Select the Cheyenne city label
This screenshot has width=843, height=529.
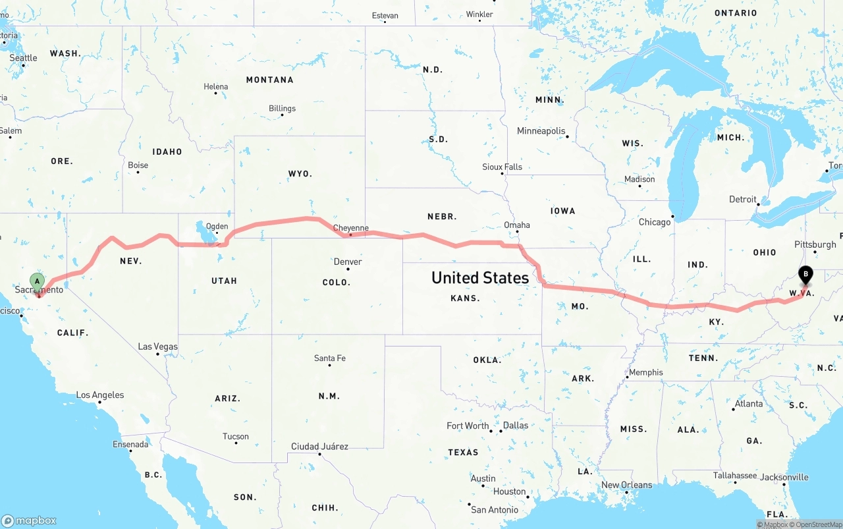(x=350, y=229)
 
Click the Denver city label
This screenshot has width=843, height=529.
(x=348, y=262)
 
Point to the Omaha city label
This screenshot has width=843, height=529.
(x=517, y=225)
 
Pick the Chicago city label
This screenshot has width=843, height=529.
(x=654, y=222)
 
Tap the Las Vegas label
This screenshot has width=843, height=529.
(x=157, y=347)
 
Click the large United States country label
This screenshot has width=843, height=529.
(x=480, y=277)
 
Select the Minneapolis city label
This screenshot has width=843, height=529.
(x=541, y=131)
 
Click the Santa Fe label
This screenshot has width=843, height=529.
(x=329, y=358)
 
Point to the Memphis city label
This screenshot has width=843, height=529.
(x=645, y=372)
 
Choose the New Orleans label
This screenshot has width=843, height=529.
(x=626, y=485)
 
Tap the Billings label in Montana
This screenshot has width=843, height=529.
(x=282, y=109)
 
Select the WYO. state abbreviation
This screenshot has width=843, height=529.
(x=300, y=174)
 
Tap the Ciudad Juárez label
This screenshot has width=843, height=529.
(x=319, y=447)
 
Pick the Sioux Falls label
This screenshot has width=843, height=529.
(x=502, y=167)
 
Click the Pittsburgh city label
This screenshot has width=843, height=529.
(x=815, y=244)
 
